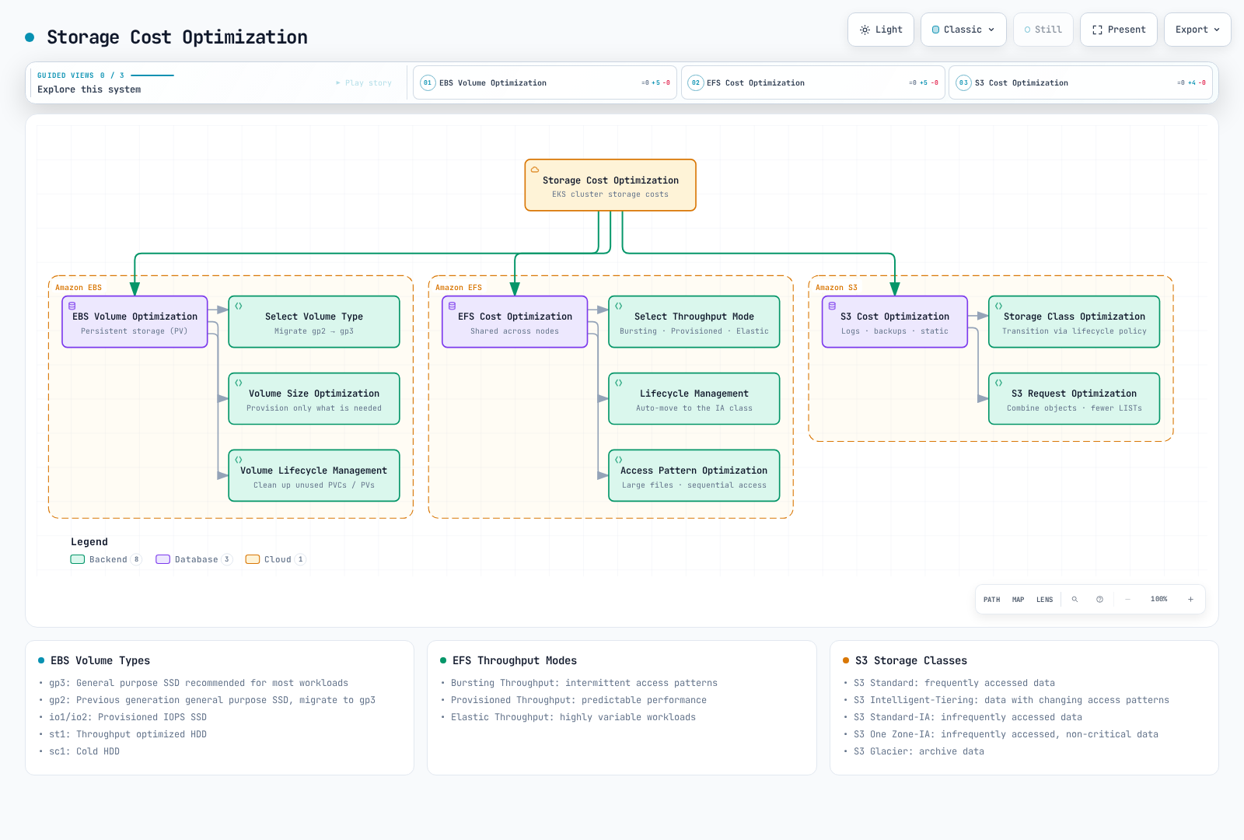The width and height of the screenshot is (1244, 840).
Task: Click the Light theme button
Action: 880,30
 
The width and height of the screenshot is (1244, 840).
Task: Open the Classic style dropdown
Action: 963,30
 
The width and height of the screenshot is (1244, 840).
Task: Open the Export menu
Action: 1197,30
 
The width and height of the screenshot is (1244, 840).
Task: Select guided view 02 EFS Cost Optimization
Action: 812,82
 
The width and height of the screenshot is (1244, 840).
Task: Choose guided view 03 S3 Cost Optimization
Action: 1080,82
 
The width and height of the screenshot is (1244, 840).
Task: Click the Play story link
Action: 364,82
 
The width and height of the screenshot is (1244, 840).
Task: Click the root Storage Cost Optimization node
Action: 610,185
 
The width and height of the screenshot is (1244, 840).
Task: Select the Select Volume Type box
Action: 314,322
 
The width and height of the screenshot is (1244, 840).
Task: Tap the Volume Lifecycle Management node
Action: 314,475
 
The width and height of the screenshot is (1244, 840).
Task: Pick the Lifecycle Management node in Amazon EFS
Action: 694,398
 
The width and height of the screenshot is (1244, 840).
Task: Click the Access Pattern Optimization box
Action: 694,475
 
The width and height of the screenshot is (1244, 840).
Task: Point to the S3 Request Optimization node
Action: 1074,398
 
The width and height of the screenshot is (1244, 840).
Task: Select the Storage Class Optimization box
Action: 1074,322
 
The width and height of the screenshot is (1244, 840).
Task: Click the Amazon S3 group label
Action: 837,287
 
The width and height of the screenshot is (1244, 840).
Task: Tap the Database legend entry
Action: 194,559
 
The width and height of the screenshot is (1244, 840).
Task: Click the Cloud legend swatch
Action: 253,559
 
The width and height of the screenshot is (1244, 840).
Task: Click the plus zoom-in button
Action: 1190,600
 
